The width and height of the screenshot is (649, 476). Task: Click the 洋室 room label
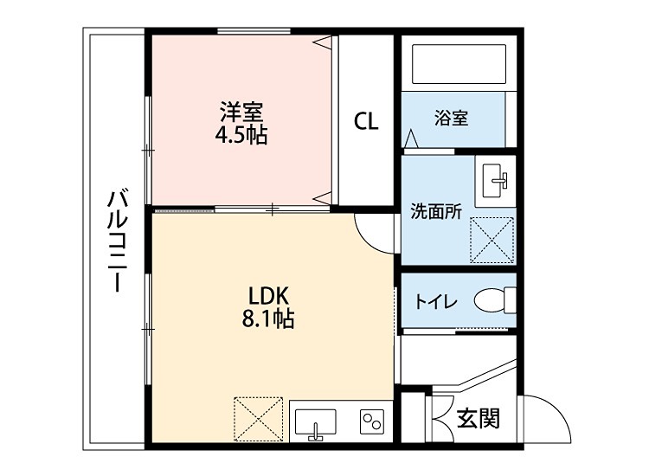click(241, 112)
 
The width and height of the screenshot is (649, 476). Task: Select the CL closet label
click(366, 121)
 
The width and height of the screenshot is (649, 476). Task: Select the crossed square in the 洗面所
click(492, 239)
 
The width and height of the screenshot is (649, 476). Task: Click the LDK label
click(267, 296)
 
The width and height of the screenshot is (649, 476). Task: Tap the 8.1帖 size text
click(267, 319)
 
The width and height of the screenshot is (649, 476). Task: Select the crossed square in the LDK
click(259, 418)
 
